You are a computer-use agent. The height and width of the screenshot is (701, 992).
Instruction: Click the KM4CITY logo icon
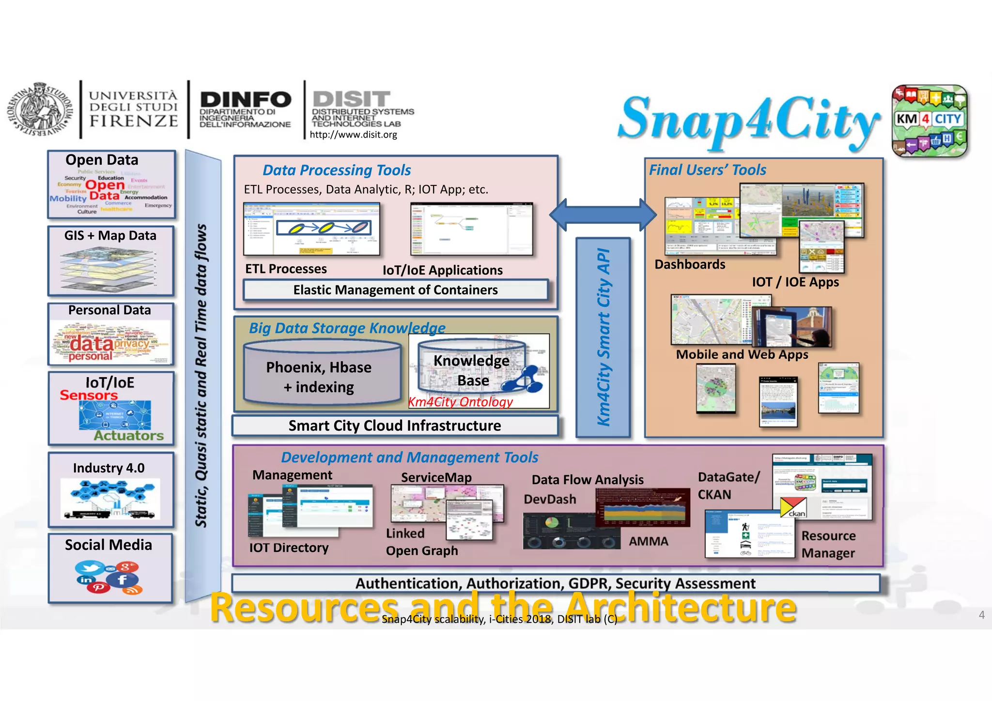click(x=929, y=121)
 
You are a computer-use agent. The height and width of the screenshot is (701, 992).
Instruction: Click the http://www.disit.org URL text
click(x=353, y=135)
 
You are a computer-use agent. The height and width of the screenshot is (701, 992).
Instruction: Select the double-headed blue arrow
click(x=603, y=215)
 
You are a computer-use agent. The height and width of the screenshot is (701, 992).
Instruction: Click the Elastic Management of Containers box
click(x=395, y=290)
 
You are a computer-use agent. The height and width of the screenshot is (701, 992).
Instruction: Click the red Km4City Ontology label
click(x=460, y=402)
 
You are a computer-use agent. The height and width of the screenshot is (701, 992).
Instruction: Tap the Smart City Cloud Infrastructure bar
click(x=395, y=426)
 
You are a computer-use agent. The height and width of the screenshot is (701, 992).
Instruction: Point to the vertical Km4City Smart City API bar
click(x=603, y=337)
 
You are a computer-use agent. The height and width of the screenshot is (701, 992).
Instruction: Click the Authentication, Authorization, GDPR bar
click(x=555, y=583)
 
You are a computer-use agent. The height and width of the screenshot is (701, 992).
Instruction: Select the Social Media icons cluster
click(x=108, y=577)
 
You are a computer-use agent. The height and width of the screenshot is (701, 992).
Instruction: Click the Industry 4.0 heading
click(x=108, y=468)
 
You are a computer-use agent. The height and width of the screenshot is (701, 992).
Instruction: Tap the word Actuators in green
click(x=129, y=436)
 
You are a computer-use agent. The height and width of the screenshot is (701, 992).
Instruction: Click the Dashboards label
click(x=690, y=264)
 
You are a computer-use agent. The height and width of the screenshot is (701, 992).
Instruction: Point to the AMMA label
click(x=648, y=541)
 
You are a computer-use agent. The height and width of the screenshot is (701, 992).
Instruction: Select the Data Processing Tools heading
click(x=337, y=170)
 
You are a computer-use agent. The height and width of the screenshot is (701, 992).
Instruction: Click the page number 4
click(x=981, y=615)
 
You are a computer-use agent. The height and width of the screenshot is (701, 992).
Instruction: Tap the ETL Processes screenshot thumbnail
click(x=311, y=229)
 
